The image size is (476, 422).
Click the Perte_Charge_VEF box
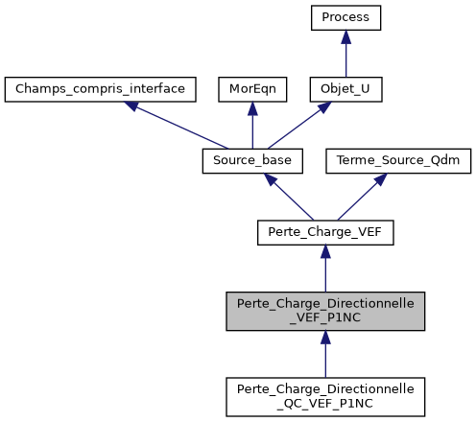pyautogui.click(x=325, y=231)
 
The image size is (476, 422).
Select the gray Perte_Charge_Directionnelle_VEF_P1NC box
pyautogui.click(x=325, y=312)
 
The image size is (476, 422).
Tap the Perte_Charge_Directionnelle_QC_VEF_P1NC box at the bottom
pyautogui.click(x=325, y=396)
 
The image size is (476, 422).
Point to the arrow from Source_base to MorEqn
pyautogui.click(x=250, y=127)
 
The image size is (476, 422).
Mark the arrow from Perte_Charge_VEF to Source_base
pyautogui.click(x=289, y=197)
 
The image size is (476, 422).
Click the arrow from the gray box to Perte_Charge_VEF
pyautogui.click(x=325, y=270)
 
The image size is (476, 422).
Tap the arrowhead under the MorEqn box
pyautogui.click(x=250, y=108)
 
